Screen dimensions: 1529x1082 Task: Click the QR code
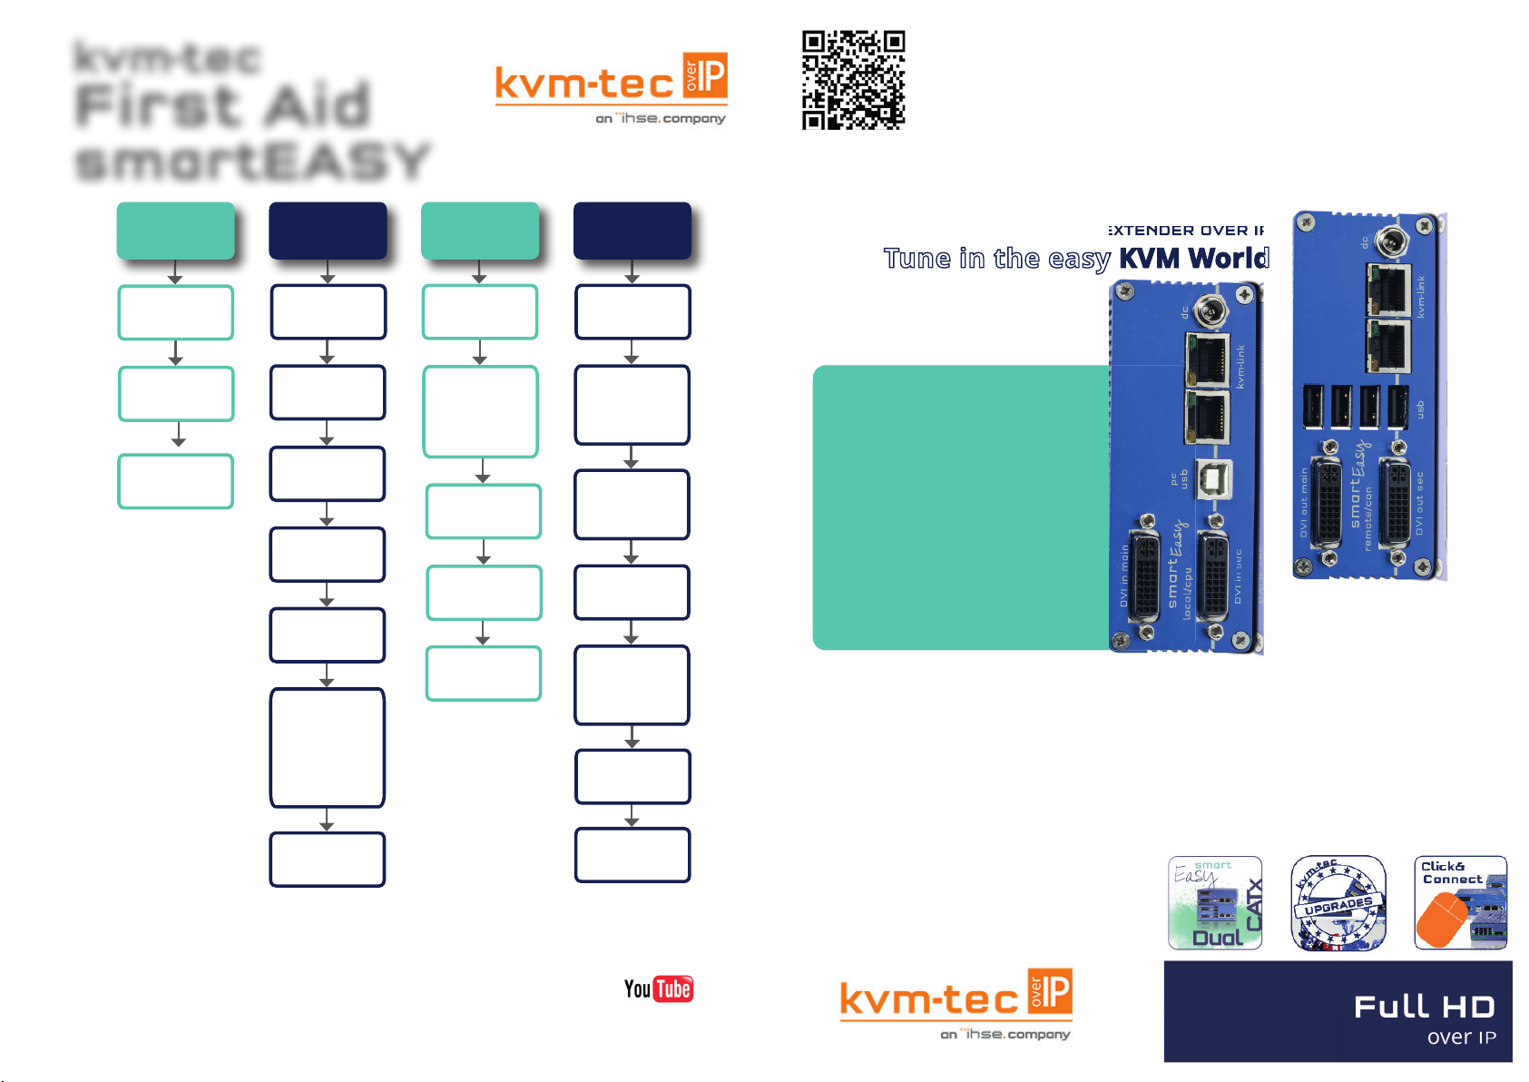tap(853, 80)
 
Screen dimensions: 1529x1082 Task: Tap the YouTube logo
tap(658, 989)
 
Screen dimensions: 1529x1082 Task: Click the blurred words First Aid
tap(223, 105)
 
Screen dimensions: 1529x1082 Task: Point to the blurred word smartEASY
tap(252, 162)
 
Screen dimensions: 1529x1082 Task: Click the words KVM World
tap(1193, 259)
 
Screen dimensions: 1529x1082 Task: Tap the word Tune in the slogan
tap(917, 259)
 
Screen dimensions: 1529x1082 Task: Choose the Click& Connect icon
tap(1460, 903)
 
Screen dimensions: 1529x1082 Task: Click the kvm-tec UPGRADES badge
tap(1338, 903)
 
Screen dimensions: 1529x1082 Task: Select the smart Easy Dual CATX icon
tap(1215, 903)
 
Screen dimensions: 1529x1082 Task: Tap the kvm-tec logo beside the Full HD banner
tap(956, 1004)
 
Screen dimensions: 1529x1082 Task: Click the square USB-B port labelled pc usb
tap(1213, 479)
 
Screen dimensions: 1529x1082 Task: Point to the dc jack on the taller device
tap(1391, 242)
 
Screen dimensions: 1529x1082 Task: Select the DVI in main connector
tap(1146, 576)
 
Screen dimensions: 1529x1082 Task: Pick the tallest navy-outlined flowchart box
tap(328, 747)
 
